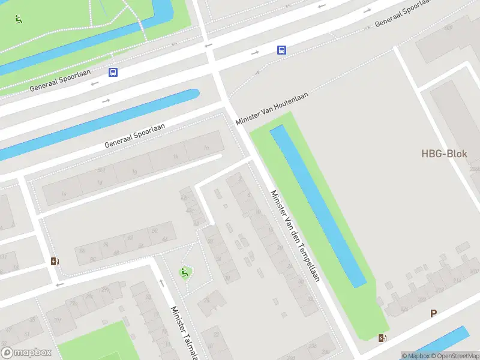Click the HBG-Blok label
click(444, 154)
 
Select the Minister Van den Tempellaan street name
click(296, 236)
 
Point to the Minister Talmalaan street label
click(185, 333)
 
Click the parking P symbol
click(433, 313)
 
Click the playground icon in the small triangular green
click(185, 272)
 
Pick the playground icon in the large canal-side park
click(19, 19)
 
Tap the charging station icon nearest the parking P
click(382, 338)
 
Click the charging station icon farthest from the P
click(55, 261)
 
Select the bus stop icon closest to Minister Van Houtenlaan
click(281, 50)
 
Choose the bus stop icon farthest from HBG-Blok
click(113, 73)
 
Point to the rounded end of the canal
click(193, 94)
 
